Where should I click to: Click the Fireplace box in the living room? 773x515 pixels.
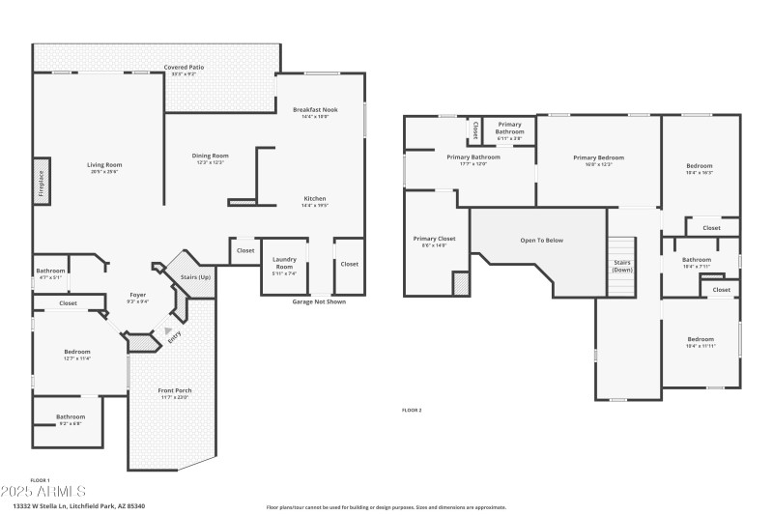[x=42, y=181]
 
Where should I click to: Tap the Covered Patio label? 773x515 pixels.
[x=184, y=68]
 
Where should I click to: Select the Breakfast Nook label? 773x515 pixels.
[x=316, y=111]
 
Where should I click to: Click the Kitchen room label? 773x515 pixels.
[x=316, y=199]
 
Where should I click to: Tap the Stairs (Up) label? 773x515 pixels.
[x=196, y=277]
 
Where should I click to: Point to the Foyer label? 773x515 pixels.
[x=139, y=295]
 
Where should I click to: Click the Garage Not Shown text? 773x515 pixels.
[x=318, y=301]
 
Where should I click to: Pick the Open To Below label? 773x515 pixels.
[x=541, y=241]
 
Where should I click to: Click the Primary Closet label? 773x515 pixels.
[x=434, y=239]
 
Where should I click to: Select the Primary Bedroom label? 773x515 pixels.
[x=598, y=157]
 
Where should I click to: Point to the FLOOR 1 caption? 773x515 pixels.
[x=40, y=480]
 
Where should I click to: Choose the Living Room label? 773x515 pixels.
[x=98, y=165]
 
